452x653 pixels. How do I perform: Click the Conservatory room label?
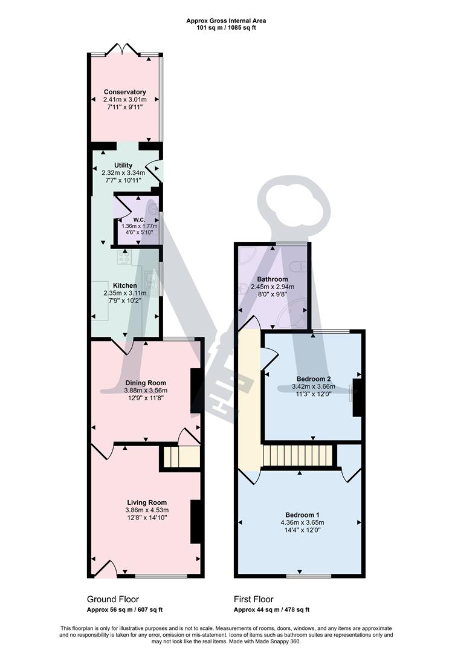point(124,92)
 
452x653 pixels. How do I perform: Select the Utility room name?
point(123,165)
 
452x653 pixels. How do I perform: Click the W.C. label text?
point(138,219)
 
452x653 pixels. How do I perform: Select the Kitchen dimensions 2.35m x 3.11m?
point(124,293)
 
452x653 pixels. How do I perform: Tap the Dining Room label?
point(145,383)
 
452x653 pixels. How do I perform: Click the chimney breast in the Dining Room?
point(195,391)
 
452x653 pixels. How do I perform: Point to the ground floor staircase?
point(180,458)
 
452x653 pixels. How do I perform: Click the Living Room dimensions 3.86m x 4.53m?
point(146,510)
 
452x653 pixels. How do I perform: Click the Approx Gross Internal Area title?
point(226,21)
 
